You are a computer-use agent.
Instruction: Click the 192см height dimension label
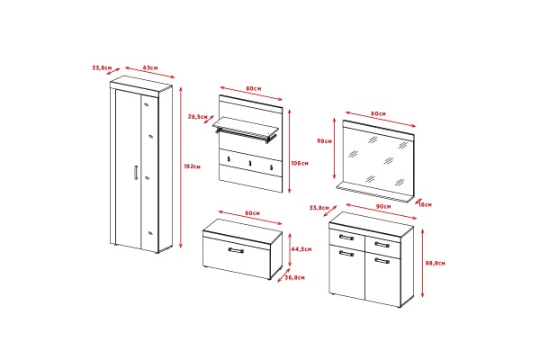pos(193,166)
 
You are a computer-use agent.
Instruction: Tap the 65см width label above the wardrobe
pos(150,67)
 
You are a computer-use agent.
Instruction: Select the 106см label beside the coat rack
pos(300,163)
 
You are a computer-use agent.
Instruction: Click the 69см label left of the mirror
pos(324,141)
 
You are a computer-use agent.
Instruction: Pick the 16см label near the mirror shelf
pos(426,204)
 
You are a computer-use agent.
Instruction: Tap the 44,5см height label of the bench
pos(301,249)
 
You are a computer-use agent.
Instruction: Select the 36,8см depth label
pos(294,277)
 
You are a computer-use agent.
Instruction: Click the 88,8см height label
pos(436,263)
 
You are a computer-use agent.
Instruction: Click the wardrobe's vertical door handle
pos(136,173)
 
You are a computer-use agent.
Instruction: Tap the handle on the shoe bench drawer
pos(236,250)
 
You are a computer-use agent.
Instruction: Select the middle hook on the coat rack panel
pos(250,163)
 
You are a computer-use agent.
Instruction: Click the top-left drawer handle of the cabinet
pos(346,238)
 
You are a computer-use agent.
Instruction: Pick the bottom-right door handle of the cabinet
pos(382,260)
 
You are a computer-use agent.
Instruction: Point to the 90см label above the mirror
pos(379,113)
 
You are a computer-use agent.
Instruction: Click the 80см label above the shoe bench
pos(252,213)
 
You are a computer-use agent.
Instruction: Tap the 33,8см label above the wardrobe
pos(102,67)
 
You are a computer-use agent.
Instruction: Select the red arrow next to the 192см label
pos(181,167)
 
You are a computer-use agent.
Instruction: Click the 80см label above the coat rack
pos(254,88)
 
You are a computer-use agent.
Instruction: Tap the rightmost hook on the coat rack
pos(272,167)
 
